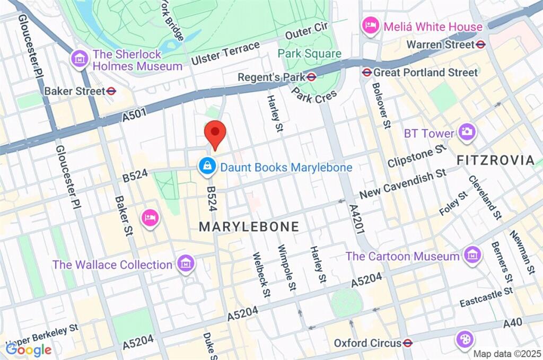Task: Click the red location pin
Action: tap(215, 134)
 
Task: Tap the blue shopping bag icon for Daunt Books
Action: tap(206, 166)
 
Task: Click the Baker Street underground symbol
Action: tap(111, 91)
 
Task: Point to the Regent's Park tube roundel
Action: tap(312, 77)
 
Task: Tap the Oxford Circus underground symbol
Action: tap(407, 343)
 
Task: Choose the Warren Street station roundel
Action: tap(481, 44)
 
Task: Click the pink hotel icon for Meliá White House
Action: tap(370, 25)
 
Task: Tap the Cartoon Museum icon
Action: tap(471, 256)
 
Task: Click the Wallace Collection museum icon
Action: tap(186, 264)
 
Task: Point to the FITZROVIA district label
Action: tap(495, 160)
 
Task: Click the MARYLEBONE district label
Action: tap(249, 227)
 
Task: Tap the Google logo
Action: tap(29, 349)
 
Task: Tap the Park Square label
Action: tap(310, 54)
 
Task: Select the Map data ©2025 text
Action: tap(506, 354)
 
